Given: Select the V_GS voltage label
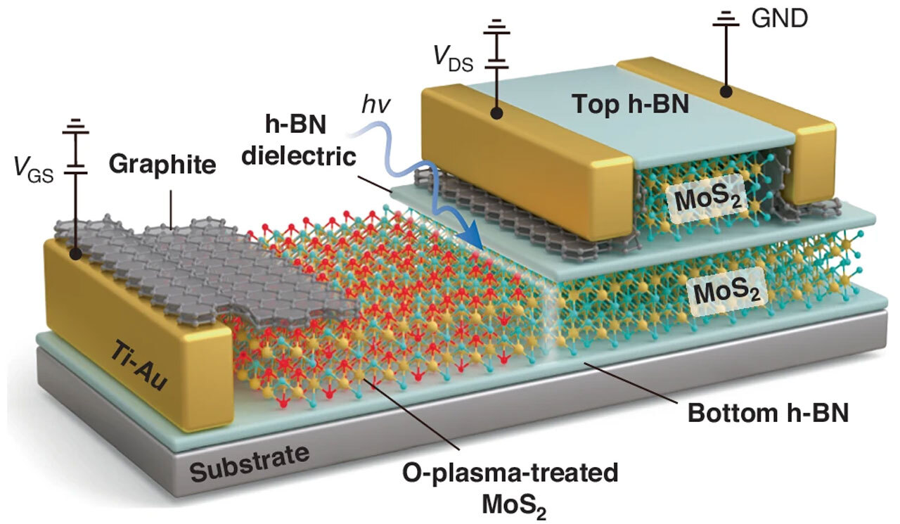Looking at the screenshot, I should click(x=33, y=168).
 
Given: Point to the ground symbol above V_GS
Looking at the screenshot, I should click(x=75, y=127).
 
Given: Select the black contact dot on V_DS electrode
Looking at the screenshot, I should click(x=498, y=112).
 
